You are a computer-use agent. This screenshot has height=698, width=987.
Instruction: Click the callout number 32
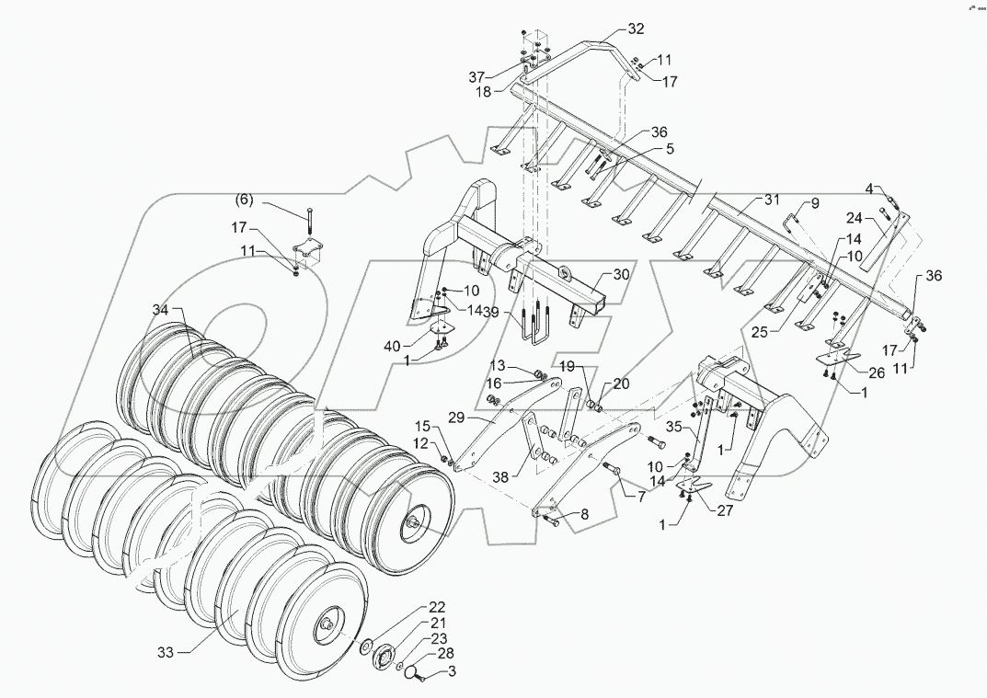point(636,29)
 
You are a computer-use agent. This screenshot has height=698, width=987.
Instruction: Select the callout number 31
point(770,200)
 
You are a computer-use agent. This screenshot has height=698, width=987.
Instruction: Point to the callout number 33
point(166,653)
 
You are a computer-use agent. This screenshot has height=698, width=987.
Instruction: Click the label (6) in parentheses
point(245,200)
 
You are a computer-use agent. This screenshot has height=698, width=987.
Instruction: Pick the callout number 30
point(622,274)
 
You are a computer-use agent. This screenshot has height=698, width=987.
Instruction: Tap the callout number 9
point(813,202)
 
